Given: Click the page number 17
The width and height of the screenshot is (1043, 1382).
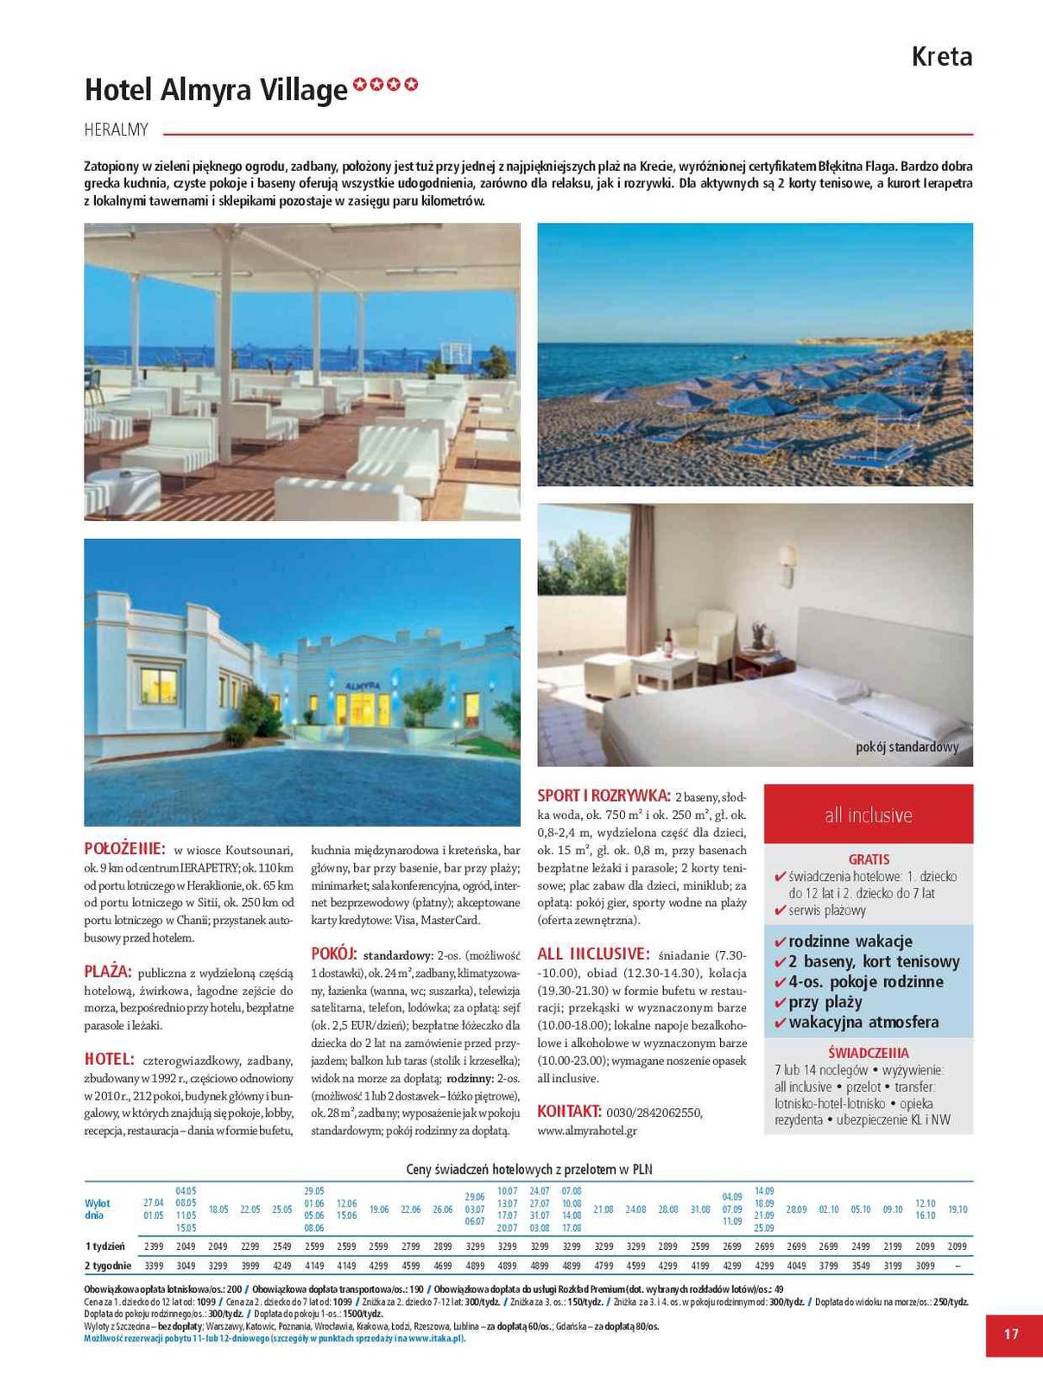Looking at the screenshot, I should point(1011,1334).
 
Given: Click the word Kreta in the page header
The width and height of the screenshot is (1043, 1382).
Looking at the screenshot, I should point(942,57).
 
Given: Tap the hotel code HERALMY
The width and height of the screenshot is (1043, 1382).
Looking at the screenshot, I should point(117,130).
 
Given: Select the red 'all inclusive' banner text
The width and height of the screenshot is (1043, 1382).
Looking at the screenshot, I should point(868,815).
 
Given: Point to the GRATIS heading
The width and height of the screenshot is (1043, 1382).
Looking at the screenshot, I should point(869,859).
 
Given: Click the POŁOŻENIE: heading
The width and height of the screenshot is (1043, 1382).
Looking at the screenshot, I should point(124,848).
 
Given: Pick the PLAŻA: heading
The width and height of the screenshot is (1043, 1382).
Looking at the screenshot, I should point(108,971).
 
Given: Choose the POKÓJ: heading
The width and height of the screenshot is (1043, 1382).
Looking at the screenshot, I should point(333,954).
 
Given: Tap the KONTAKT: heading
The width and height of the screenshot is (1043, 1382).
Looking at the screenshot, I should point(569,1111).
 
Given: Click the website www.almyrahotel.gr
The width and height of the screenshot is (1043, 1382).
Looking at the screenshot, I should point(587,1130).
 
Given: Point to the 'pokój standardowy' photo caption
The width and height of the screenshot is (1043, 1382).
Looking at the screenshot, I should point(907,747).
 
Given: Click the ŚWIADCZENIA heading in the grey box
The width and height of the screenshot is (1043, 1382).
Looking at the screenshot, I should point(868,1053).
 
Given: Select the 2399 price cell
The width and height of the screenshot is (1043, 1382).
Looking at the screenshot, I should point(154,1246).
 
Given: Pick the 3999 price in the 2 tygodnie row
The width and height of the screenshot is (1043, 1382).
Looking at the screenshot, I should point(250,1265).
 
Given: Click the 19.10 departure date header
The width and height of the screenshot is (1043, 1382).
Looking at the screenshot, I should point(958,1209).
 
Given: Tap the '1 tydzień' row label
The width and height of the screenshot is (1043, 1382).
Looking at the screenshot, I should point(104,1246).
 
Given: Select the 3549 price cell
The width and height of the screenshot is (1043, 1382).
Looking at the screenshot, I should point(861,1265).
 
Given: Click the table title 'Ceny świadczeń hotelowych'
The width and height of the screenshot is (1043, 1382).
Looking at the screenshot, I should point(528,1170).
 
